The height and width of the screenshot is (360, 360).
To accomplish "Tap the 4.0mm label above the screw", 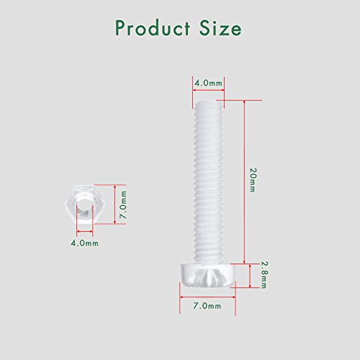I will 209,83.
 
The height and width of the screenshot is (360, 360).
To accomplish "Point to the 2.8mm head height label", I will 264,275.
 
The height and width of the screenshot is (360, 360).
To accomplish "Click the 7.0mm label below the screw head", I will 209,306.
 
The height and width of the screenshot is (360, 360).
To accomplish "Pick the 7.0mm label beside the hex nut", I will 123,205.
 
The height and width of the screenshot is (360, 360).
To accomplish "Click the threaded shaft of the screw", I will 209,180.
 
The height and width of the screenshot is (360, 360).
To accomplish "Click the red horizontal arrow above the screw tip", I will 209,91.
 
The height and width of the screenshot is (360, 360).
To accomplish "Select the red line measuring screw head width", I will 209,294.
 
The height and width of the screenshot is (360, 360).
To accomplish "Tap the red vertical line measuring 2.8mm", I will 250,274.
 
